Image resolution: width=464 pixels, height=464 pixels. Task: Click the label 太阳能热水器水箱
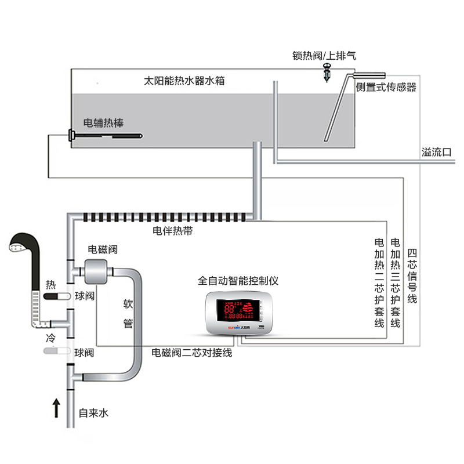pyautogui.click(x=184, y=82)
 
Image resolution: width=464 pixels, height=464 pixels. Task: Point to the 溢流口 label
pyautogui.click(x=436, y=153)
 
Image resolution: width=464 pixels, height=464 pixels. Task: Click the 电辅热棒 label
pyautogui.click(x=103, y=123)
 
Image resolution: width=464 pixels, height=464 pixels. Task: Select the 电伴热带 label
pyautogui.click(x=172, y=231)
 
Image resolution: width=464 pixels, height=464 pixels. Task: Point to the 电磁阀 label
pyautogui.click(x=103, y=249)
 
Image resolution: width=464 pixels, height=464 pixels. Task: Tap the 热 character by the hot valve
pyautogui.click(x=51, y=285)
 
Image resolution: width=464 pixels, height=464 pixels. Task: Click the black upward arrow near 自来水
pyautogui.click(x=56, y=407)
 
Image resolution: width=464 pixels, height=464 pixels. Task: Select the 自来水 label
pyautogui.click(x=93, y=414)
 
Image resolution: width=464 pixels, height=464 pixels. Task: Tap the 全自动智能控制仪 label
pyautogui.click(x=238, y=281)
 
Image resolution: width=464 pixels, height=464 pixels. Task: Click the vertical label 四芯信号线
pyautogui.click(x=412, y=276)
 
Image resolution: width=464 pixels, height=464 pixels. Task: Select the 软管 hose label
pyautogui.click(x=128, y=314)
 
